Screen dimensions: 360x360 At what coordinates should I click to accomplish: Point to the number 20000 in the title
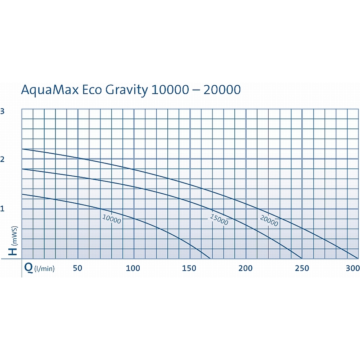[221, 90]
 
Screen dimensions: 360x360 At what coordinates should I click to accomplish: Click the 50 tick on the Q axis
[77, 268]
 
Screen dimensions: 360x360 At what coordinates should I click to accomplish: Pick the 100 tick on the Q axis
[133, 268]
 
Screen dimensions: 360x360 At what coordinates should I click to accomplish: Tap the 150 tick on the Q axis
[189, 268]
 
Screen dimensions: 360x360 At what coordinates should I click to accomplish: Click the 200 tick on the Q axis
[246, 268]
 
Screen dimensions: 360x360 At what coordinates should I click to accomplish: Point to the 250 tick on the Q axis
[302, 268]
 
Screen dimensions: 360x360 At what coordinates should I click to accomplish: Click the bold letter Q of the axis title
[28, 268]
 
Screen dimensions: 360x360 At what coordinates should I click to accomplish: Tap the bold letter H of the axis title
[13, 250]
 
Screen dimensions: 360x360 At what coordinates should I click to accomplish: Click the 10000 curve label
[112, 219]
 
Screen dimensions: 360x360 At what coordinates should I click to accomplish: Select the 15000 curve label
[219, 220]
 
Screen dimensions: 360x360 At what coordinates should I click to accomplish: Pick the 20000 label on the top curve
[269, 221]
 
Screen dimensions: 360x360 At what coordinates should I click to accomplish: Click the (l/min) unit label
[44, 269]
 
